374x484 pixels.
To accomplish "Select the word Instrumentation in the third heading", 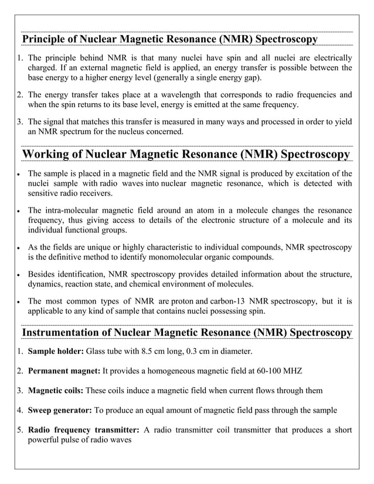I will pos(62,333).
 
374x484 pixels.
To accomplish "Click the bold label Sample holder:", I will pos(56,352).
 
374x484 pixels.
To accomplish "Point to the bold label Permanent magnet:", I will pos(64,371).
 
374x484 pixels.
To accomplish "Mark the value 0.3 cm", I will pos(195,352).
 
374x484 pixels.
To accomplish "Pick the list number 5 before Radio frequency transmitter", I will pos(19,429).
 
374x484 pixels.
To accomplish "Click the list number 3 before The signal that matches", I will pos(19,121).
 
